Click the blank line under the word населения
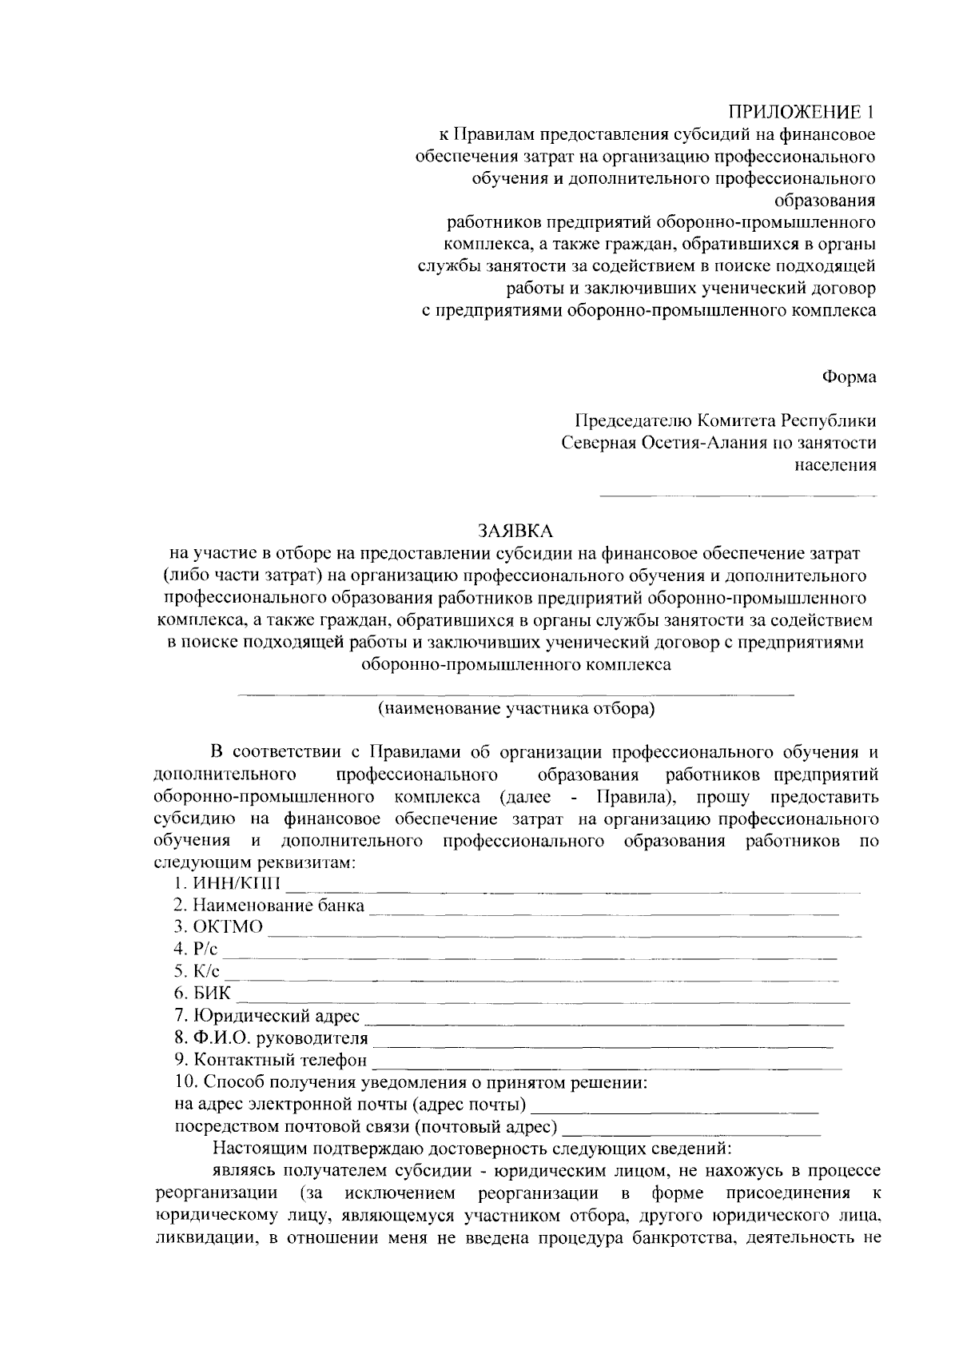pyautogui.click(x=737, y=496)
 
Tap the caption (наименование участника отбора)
pyautogui.click(x=516, y=708)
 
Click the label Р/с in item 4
pyautogui.click(x=206, y=950)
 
